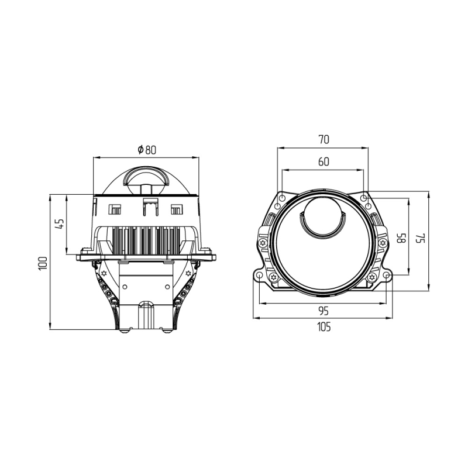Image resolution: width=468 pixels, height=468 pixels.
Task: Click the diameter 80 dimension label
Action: pos(147,150)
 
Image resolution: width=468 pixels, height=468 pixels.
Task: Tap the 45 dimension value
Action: pos(60,223)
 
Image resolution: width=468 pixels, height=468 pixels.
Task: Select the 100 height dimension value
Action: pos(43,263)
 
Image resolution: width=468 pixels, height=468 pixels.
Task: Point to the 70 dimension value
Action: pos(324,139)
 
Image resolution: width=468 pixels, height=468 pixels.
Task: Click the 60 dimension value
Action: pos(324,161)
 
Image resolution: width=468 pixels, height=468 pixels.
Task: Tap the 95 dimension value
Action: pos(324,311)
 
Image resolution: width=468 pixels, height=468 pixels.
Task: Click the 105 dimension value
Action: pos(324,327)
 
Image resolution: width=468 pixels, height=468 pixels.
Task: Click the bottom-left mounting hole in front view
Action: pos(259,275)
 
